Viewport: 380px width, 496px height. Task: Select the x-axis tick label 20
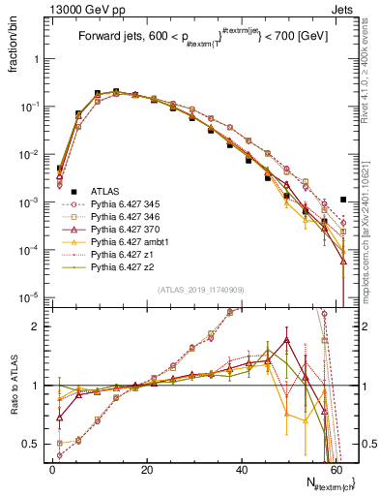pos(146,472)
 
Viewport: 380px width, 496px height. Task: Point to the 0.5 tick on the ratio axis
pos(35,445)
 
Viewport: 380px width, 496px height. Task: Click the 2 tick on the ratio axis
pos(39,326)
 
